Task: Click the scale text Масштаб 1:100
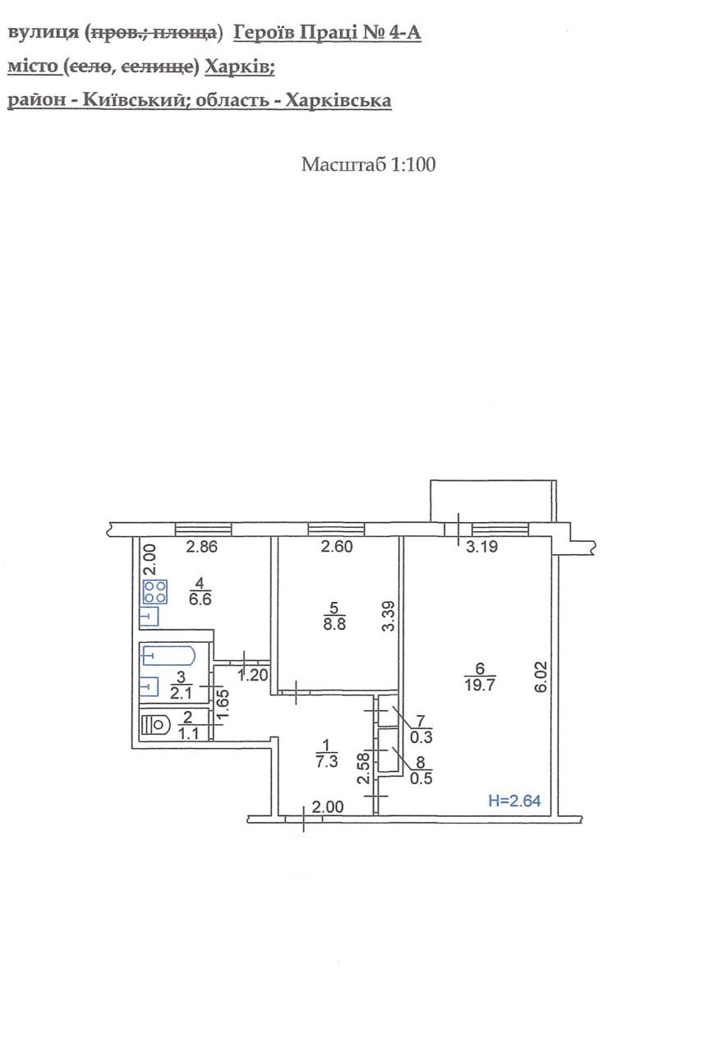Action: click(368, 164)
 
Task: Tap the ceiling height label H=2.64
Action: click(514, 801)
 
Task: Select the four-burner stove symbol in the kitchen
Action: click(155, 592)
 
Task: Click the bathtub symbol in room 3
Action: click(168, 655)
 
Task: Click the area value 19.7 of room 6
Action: click(479, 685)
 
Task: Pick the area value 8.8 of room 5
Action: click(334, 625)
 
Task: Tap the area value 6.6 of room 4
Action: click(200, 599)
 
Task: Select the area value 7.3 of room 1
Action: click(327, 760)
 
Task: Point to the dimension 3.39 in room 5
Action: click(388, 617)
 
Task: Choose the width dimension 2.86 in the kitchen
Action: click(202, 547)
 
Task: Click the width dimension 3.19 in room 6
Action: click(481, 547)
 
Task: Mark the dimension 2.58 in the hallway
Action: click(364, 768)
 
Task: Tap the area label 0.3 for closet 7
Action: click(421, 737)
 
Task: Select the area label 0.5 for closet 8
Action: click(421, 778)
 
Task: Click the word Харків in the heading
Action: click(239, 67)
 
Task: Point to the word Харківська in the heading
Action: click(338, 100)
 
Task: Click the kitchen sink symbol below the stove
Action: click(150, 617)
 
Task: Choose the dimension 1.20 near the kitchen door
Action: click(253, 675)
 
